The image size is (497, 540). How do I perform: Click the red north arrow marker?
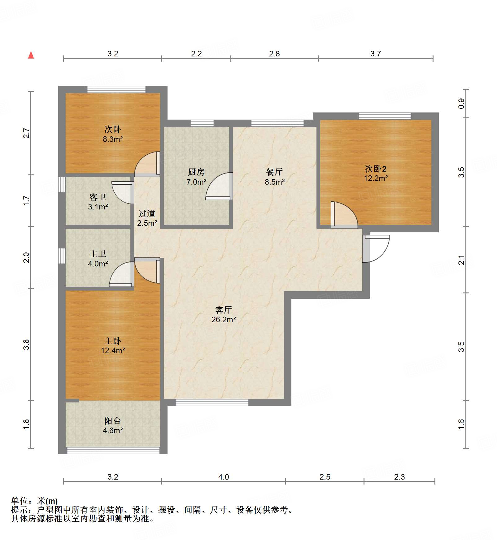pos(31,55)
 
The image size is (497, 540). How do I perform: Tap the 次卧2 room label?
pos(376,169)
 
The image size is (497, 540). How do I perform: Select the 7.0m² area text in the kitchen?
pos(196,182)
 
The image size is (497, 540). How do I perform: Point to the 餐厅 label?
pos(274,172)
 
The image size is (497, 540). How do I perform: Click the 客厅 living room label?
pos(223,310)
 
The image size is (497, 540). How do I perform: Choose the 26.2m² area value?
pos(224,319)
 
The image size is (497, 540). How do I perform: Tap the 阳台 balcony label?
pos(112,421)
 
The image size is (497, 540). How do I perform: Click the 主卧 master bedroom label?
pos(112,341)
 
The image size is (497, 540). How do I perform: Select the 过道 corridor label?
pos(147,213)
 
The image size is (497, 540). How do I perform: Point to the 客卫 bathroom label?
pos(98,197)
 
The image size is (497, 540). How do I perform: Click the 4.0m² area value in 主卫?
pos(98,264)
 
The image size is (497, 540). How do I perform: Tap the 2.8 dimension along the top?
pos(274,54)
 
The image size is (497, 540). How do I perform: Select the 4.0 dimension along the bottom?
pos(224,477)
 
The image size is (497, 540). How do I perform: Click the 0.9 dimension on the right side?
pos(461,103)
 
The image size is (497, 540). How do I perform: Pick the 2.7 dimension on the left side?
pos(27,133)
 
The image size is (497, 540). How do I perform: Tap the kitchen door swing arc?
pos(219,186)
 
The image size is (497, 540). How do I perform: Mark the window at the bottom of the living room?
pos(212,402)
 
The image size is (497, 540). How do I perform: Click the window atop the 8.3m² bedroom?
pos(116,89)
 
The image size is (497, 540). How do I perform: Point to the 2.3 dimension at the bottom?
pos(399,477)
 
